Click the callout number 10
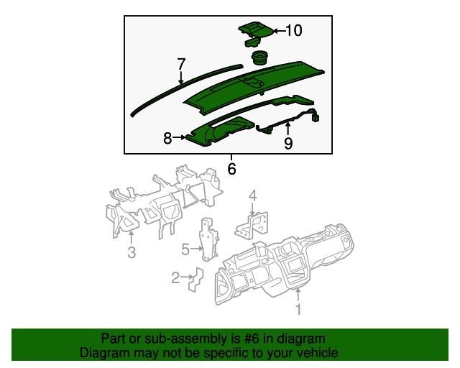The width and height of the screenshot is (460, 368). point(295,30)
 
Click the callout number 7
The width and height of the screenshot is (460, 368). point(181,64)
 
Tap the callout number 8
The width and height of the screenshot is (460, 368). point(167,138)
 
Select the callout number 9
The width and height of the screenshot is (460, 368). point(288,144)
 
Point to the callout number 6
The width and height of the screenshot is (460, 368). point(231,170)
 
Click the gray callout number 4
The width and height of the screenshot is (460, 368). point(252,195)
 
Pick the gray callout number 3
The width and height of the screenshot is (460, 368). point(132,252)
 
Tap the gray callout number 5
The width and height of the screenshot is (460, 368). point(185,249)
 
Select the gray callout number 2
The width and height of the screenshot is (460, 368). point(175,277)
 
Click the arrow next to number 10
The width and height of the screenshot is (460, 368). point(278,30)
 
